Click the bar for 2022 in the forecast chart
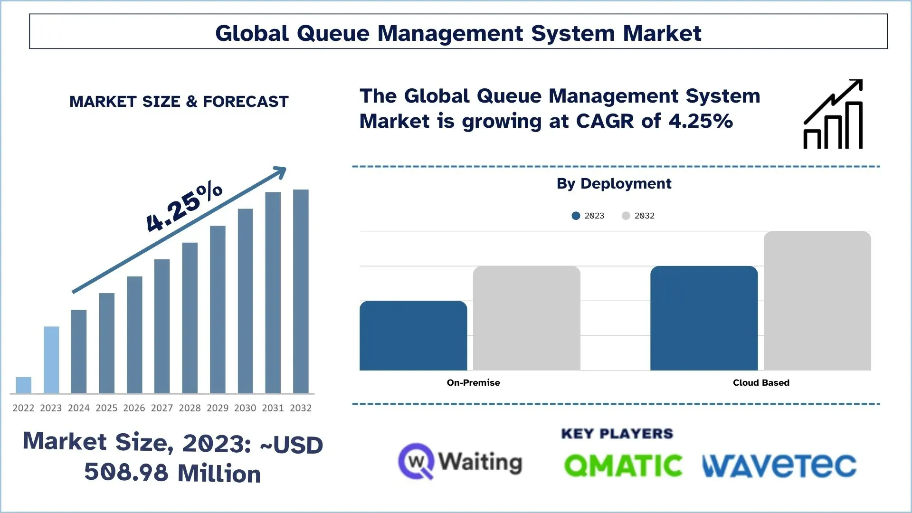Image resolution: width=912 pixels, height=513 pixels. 23,385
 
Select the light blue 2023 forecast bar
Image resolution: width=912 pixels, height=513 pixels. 51,360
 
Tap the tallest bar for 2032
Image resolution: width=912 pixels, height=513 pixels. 301,291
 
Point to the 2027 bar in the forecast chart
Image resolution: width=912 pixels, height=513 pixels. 162,326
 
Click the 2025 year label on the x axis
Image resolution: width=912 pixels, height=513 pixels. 106,408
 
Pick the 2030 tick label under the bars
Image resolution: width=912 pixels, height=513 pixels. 245,408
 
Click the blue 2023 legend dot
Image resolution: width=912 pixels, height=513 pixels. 576,216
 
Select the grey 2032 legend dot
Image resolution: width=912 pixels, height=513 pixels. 626,216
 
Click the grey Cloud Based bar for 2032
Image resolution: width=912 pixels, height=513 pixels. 817,301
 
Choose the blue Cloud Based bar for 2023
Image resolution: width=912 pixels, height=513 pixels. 704,318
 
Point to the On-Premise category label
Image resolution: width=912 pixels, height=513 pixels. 473,383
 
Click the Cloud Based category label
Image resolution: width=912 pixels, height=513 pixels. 761,383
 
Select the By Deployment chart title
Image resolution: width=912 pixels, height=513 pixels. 614,184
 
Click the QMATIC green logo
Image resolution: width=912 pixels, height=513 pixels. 623,465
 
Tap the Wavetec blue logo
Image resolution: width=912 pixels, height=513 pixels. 779,465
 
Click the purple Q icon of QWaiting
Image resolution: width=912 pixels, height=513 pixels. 416,461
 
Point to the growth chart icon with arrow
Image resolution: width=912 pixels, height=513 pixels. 833,114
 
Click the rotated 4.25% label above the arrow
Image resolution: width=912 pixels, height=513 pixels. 184,207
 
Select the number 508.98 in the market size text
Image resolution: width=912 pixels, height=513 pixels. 126,473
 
